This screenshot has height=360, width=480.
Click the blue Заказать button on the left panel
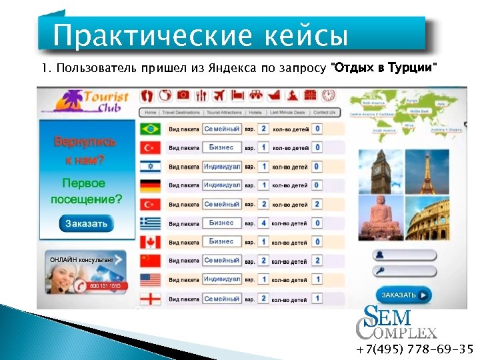[87, 223]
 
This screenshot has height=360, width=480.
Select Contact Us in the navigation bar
[323, 113]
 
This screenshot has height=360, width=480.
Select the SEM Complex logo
[396, 322]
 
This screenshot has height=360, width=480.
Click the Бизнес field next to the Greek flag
[221, 223]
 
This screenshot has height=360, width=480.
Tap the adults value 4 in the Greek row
[264, 223]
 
